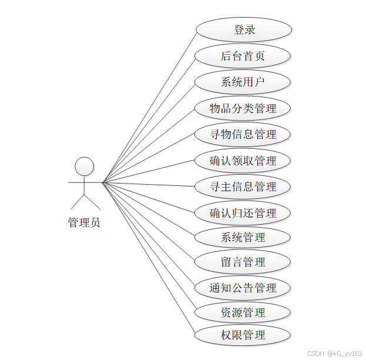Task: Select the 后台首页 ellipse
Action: tap(243, 56)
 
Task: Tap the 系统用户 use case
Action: tap(243, 82)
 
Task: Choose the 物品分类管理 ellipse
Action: tap(243, 108)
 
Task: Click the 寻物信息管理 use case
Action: tap(243, 135)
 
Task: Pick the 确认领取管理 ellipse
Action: tap(243, 161)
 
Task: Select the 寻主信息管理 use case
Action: tap(243, 187)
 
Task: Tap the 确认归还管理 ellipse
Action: tap(243, 213)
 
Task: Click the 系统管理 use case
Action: tap(243, 238)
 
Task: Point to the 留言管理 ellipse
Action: tap(243, 262)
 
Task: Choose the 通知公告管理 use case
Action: tap(243, 288)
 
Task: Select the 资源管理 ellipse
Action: tap(243, 312)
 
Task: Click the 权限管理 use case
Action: tap(243, 335)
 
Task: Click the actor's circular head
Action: tap(85, 166)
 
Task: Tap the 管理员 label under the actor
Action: tap(84, 222)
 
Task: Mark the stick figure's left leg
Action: tap(78, 201)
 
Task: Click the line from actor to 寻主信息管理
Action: tap(150, 185)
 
